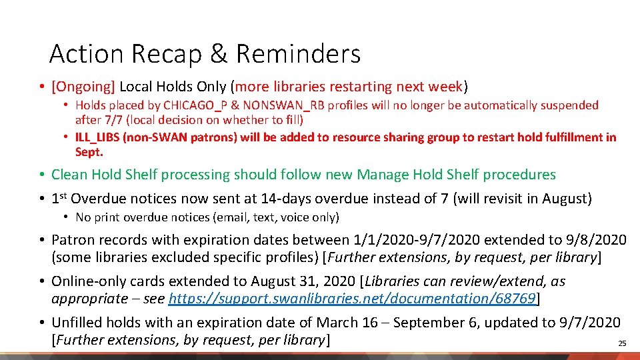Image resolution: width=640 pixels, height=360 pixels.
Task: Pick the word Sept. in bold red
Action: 88,152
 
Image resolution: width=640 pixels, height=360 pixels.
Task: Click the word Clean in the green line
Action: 69,175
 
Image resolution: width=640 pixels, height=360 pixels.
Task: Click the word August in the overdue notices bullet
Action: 565,198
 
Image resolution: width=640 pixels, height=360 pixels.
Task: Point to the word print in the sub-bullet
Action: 109,217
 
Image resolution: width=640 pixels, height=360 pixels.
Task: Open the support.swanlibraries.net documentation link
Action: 352,298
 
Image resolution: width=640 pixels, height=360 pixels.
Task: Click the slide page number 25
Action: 622,343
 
